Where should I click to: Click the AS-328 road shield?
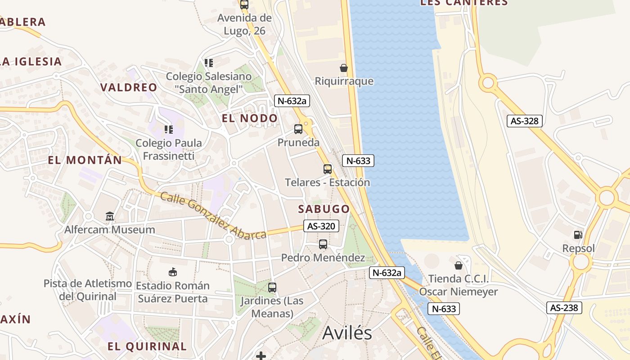point(524,121)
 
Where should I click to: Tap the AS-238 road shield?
point(565,308)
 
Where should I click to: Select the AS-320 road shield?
point(321,226)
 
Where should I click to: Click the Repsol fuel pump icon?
point(578,234)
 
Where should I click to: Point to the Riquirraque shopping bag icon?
point(344,68)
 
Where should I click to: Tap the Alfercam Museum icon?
point(110,216)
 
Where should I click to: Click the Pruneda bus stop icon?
point(298,129)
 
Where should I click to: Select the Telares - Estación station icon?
point(328,169)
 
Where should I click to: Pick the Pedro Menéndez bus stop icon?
point(323,244)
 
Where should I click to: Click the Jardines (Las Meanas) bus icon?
point(272,287)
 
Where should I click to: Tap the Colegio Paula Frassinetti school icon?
point(169,130)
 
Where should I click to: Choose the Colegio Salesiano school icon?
point(208,63)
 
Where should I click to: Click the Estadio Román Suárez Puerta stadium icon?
point(173,272)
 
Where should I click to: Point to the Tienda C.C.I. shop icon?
point(459,265)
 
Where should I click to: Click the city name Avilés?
point(347,333)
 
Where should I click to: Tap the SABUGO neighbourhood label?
point(324,209)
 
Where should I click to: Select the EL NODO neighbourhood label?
point(250,118)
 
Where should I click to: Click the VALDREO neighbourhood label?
point(129,87)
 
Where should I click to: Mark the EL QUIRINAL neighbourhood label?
point(147,346)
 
